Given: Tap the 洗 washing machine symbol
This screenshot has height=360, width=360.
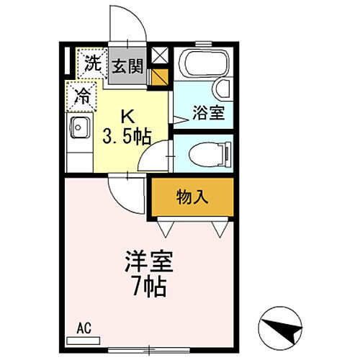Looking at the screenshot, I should (91, 63).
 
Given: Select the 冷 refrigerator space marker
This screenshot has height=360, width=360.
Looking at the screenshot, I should (82, 95).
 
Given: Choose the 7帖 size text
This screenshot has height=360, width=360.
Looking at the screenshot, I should (148, 287).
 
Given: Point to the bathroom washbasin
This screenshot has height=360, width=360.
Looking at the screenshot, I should (222, 88).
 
